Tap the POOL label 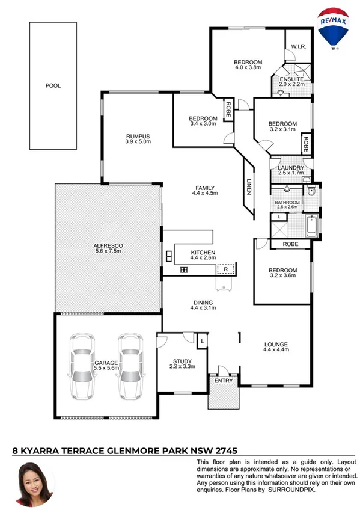(x=53, y=85)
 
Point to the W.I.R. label (x=299, y=46)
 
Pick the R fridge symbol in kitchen (x=225, y=268)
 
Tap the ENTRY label (x=224, y=380)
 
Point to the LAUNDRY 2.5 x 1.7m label (x=289, y=171)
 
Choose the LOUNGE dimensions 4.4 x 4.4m (x=276, y=349)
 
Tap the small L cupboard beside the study (x=203, y=341)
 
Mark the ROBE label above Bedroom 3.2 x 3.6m (x=290, y=244)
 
